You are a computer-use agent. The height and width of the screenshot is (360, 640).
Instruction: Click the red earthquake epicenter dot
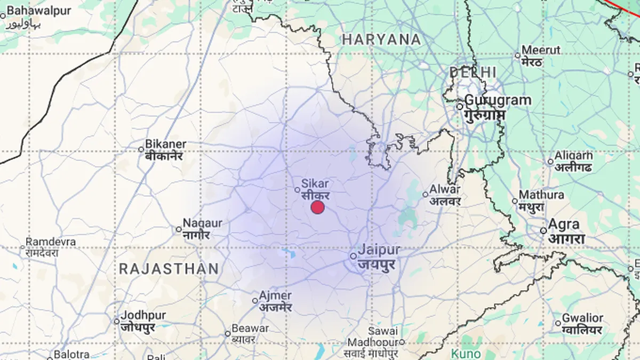point(318,207)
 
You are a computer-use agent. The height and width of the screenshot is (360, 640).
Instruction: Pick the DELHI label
point(473,73)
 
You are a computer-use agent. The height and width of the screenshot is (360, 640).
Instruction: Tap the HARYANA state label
point(381,39)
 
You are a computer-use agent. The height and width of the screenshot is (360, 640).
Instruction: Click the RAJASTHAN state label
point(169,268)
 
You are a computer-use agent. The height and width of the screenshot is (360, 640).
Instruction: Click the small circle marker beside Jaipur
point(353,257)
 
